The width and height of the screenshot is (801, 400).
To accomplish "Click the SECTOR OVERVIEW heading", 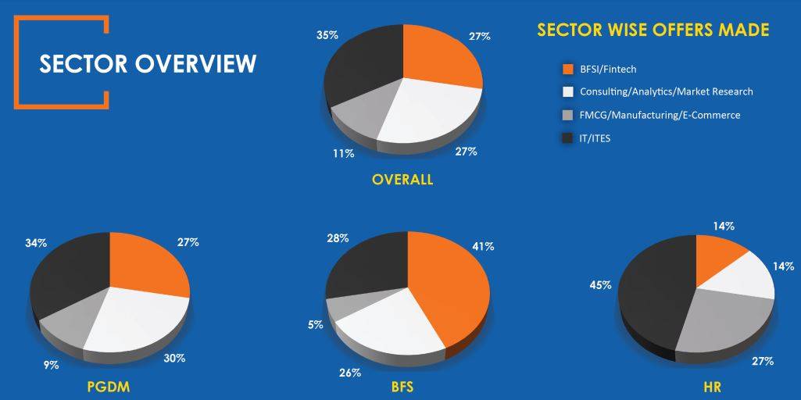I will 148,63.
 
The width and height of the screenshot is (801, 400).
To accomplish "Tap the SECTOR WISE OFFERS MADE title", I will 653,30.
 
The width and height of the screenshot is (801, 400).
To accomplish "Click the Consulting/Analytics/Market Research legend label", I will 666,91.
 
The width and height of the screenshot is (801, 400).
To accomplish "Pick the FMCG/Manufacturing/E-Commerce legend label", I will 660,115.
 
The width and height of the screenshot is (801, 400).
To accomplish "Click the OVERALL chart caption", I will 402,180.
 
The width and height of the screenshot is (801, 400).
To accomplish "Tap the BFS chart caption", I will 402,386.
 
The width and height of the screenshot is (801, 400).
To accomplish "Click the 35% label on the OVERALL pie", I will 327,35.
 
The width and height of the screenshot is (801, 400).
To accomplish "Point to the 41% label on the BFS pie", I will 483,247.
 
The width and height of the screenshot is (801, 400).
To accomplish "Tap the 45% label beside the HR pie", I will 600,285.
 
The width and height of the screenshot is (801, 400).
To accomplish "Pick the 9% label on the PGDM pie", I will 51,364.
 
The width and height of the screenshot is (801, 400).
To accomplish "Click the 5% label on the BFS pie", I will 316,324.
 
